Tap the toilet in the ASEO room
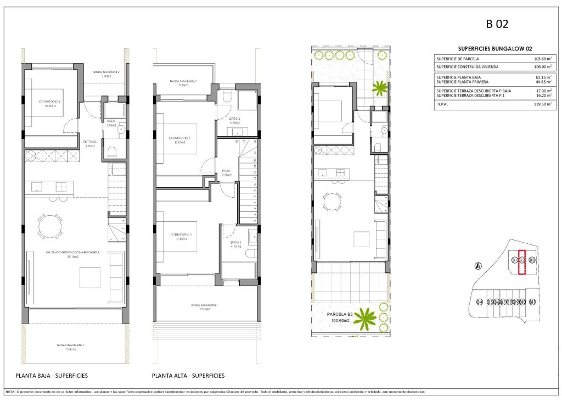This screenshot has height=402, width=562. pyautogui.click(x=111, y=152)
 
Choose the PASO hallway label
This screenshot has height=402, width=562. pyautogui.click(x=226, y=171)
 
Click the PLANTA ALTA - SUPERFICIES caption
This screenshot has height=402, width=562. pyautogui.click(x=188, y=376)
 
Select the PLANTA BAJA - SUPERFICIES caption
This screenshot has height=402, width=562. pyautogui.click(x=51, y=376)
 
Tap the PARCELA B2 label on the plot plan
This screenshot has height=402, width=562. pyautogui.click(x=341, y=315)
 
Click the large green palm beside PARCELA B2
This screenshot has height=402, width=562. pyautogui.click(x=365, y=319)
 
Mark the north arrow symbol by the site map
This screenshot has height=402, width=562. pyautogui.click(x=478, y=267)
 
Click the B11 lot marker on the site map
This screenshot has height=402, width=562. pyautogui.click(x=532, y=302)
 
